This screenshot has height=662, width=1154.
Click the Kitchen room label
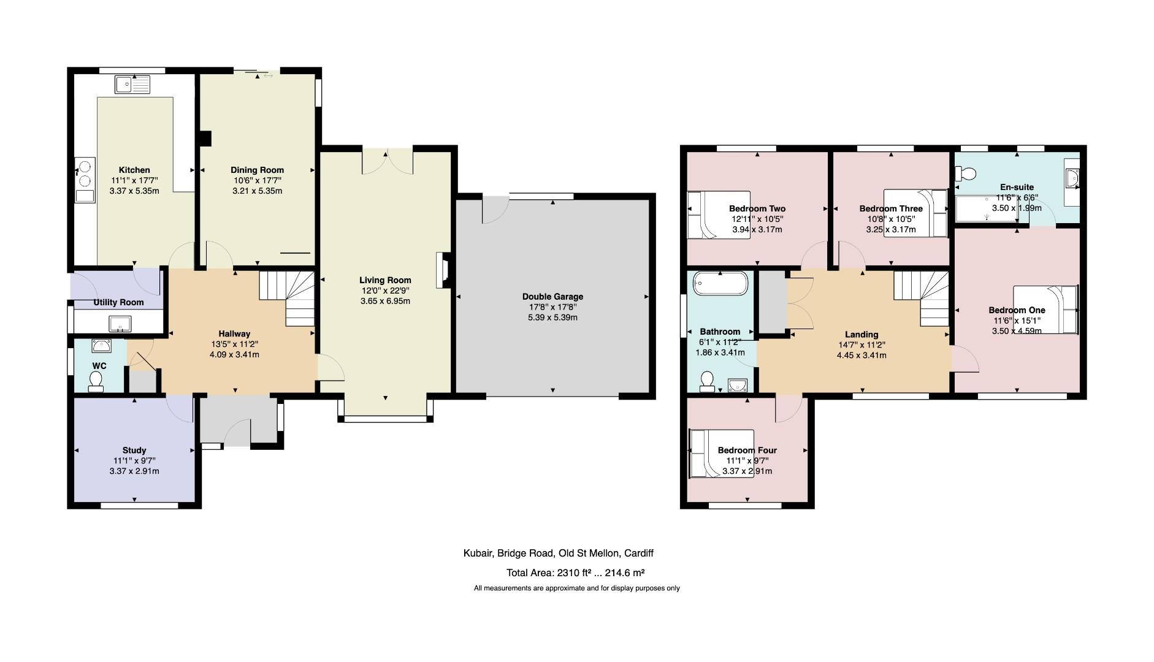pos(134,170)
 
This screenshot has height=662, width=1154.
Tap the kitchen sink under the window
pos(132,84)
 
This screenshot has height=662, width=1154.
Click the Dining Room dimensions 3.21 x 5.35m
pos(257,191)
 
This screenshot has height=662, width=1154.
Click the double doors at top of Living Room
pos(388,161)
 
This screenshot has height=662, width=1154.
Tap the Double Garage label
pos(552,297)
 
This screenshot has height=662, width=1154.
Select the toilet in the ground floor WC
pos(96,382)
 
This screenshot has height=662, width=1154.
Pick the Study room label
pos(134,450)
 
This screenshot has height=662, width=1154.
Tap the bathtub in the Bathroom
pos(720,284)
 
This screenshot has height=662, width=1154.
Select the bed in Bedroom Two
pos(717,215)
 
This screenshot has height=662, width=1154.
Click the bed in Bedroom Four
pos(720,454)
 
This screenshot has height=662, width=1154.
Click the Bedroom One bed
pos(1045,310)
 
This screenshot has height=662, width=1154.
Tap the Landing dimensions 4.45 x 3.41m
pos(861,356)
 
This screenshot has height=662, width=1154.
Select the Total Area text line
pos(575,573)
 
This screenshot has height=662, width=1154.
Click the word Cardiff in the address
pos(638,553)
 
